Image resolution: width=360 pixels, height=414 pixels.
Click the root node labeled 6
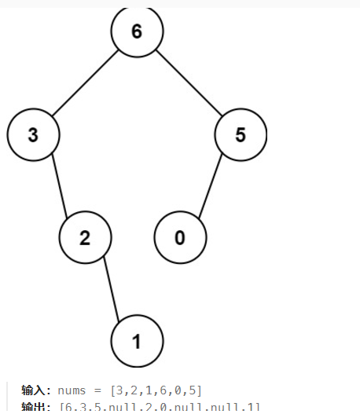pyautogui.click(x=137, y=32)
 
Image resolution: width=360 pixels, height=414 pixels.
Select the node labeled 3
pyautogui.click(x=33, y=134)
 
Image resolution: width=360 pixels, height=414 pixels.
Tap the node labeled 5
pyautogui.click(x=241, y=134)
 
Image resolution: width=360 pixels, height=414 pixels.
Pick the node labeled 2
pyautogui.click(x=85, y=237)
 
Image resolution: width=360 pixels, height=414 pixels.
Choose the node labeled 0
pyautogui.click(x=179, y=237)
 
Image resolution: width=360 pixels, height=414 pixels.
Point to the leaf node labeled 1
pyautogui.click(x=137, y=341)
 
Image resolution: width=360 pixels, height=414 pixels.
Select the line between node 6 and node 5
pyautogui.click(x=189, y=83)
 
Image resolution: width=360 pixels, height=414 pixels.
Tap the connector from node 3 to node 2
pyautogui.click(x=59, y=186)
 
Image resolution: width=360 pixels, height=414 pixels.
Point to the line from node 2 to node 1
pyautogui.click(x=111, y=289)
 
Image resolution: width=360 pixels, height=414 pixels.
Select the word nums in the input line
pyautogui.click(x=72, y=390)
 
